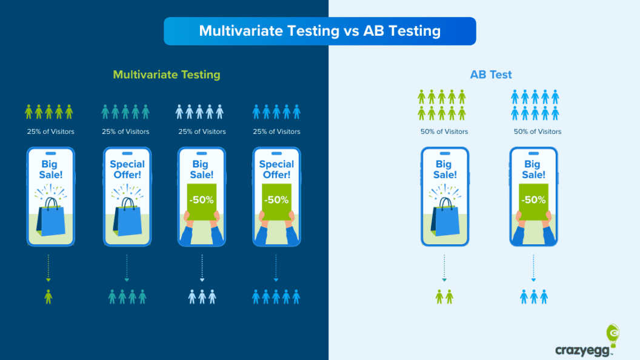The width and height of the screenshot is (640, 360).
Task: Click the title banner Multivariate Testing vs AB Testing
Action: click(x=319, y=31)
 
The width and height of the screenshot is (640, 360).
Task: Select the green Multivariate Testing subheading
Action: click(x=166, y=75)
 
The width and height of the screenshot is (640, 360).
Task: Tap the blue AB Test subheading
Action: click(x=491, y=75)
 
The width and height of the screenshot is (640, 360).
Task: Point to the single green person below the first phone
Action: click(x=48, y=296)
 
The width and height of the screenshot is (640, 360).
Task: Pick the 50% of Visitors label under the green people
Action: click(x=444, y=132)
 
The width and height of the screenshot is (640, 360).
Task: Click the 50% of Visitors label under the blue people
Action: click(x=538, y=132)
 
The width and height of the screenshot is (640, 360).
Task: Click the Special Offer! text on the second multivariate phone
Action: click(x=127, y=169)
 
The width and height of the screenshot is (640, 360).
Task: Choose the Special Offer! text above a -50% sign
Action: click(x=276, y=169)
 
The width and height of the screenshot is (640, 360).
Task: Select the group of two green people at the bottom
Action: click(x=444, y=296)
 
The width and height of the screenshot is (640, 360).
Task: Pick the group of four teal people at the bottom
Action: click(x=127, y=296)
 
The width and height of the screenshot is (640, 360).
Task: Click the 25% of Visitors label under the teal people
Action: click(x=125, y=132)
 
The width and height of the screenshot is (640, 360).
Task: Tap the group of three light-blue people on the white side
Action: click(x=533, y=296)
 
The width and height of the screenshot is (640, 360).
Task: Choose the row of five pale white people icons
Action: click(x=199, y=112)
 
